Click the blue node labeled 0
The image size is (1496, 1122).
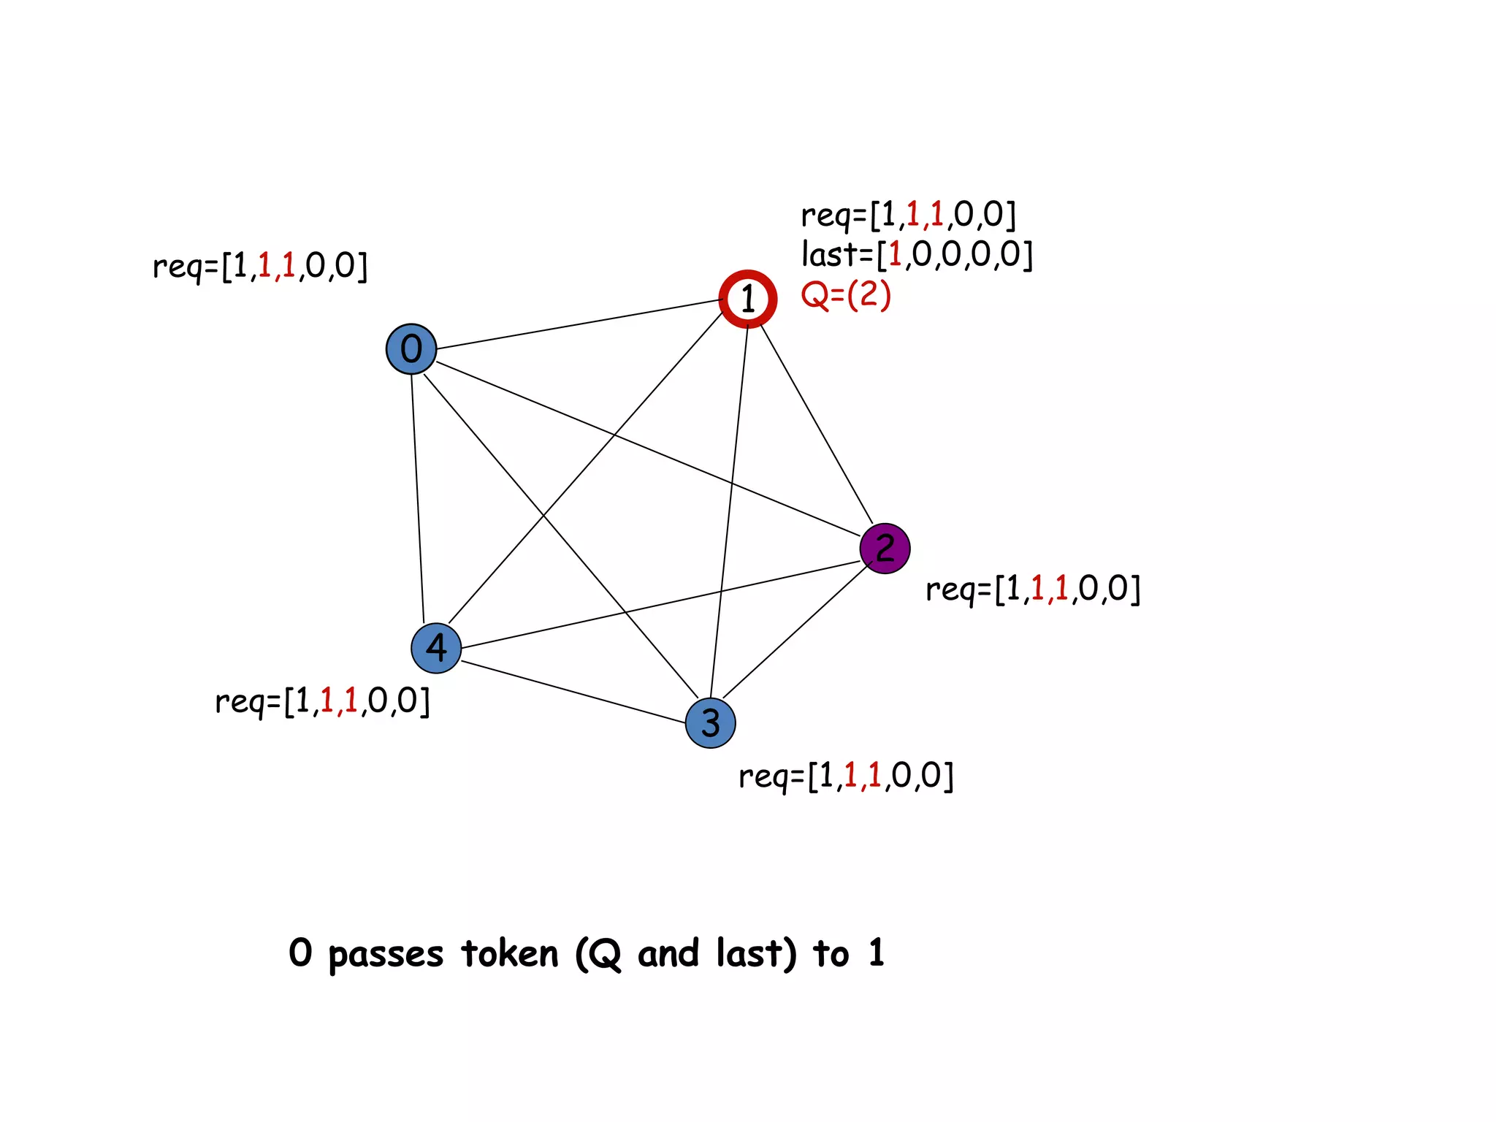(x=411, y=349)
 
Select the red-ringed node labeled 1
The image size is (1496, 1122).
(x=747, y=299)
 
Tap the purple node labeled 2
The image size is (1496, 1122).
(x=885, y=549)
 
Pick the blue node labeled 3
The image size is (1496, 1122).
(x=710, y=723)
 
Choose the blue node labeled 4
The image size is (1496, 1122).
(x=436, y=648)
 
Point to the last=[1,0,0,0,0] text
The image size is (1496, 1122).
(x=917, y=254)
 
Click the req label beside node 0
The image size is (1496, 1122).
(x=260, y=266)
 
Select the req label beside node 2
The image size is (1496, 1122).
(x=1033, y=589)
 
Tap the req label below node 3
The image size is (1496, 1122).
(x=846, y=776)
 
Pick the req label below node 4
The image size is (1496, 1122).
(x=322, y=701)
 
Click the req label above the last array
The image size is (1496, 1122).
(x=908, y=215)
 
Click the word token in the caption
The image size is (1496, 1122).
(x=510, y=953)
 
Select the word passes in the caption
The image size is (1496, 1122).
(x=386, y=955)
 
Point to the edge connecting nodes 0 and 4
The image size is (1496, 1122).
(x=418, y=497)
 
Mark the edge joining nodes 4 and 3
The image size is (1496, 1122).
(x=573, y=692)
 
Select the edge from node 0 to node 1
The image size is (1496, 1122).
(x=577, y=324)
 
